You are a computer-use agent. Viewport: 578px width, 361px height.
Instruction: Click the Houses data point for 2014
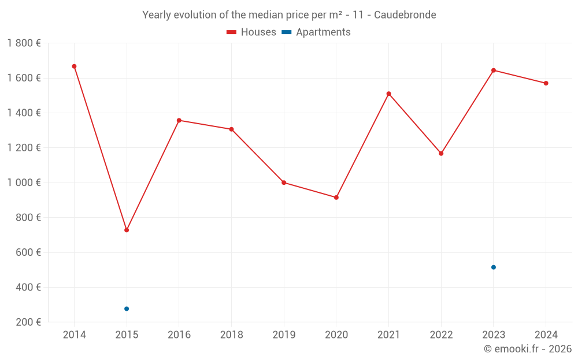click(x=74, y=66)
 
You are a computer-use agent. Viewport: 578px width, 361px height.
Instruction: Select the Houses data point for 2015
click(x=127, y=230)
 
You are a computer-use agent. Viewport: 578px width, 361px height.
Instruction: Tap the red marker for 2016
click(x=179, y=120)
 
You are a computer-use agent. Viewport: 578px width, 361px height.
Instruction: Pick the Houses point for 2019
click(x=284, y=183)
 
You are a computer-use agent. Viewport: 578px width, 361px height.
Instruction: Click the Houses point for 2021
click(x=388, y=94)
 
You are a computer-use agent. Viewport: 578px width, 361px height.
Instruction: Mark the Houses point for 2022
click(x=441, y=154)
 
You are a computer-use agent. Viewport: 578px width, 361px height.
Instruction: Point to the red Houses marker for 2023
click(x=494, y=70)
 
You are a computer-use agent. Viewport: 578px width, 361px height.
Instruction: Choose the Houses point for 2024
click(x=546, y=83)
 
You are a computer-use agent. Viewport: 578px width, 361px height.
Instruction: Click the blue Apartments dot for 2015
click(x=127, y=308)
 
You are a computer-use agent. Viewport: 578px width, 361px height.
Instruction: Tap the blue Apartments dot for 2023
click(x=494, y=267)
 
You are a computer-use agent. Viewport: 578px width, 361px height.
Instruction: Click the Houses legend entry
click(x=251, y=32)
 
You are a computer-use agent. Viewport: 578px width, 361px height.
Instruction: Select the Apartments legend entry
click(x=316, y=32)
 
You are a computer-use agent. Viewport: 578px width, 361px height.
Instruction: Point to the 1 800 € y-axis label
click(x=24, y=43)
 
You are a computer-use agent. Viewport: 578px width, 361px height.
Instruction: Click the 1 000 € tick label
click(x=24, y=183)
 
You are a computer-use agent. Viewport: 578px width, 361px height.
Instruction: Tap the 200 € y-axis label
click(x=27, y=322)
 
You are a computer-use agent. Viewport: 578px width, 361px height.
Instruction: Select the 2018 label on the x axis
click(x=231, y=335)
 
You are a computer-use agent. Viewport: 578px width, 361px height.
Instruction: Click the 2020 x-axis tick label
click(x=336, y=335)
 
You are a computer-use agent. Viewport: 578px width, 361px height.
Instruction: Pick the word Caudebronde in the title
click(x=405, y=14)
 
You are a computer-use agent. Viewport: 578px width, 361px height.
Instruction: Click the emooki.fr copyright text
click(x=528, y=349)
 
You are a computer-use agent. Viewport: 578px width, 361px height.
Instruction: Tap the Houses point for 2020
click(x=336, y=198)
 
